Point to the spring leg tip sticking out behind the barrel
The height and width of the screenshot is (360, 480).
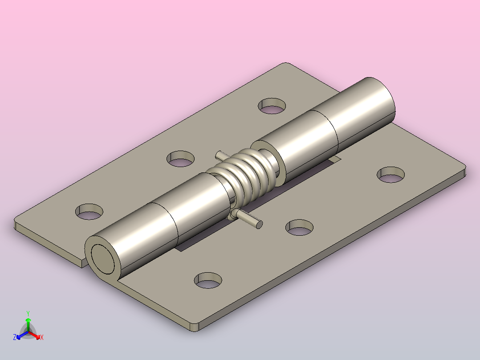click(x=218, y=154)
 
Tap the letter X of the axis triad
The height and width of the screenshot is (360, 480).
click(x=42, y=338)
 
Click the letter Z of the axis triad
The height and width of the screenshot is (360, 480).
click(x=15, y=338)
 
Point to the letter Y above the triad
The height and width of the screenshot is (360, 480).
click(x=28, y=313)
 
